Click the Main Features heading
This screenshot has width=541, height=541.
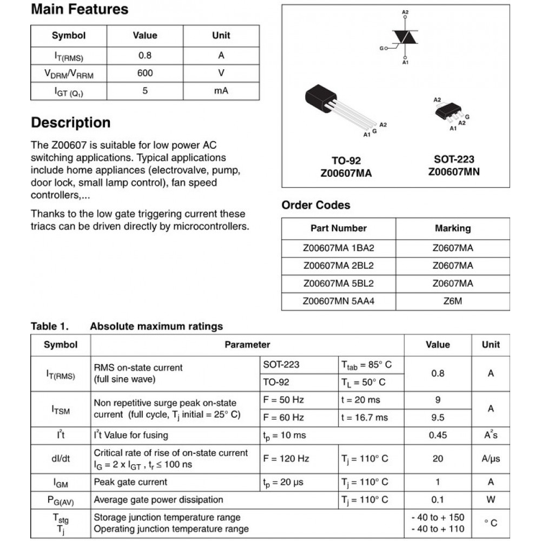(x=80, y=9)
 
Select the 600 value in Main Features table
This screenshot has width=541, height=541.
(x=145, y=73)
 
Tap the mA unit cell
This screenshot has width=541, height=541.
(x=221, y=90)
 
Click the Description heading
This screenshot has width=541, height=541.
(x=70, y=123)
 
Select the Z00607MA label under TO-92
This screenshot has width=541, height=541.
(x=346, y=173)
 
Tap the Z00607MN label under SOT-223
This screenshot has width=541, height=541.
(x=454, y=172)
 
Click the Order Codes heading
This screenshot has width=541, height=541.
(x=316, y=205)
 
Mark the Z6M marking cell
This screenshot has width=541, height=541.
(x=453, y=301)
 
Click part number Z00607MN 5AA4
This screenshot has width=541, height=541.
(x=339, y=301)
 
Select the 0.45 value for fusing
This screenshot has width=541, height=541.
(x=438, y=436)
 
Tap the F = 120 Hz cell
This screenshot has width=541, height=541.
(x=286, y=459)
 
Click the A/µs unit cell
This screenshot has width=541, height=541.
(x=491, y=459)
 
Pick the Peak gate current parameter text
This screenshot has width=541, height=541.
(x=130, y=482)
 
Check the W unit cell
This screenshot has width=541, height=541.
(x=491, y=499)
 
